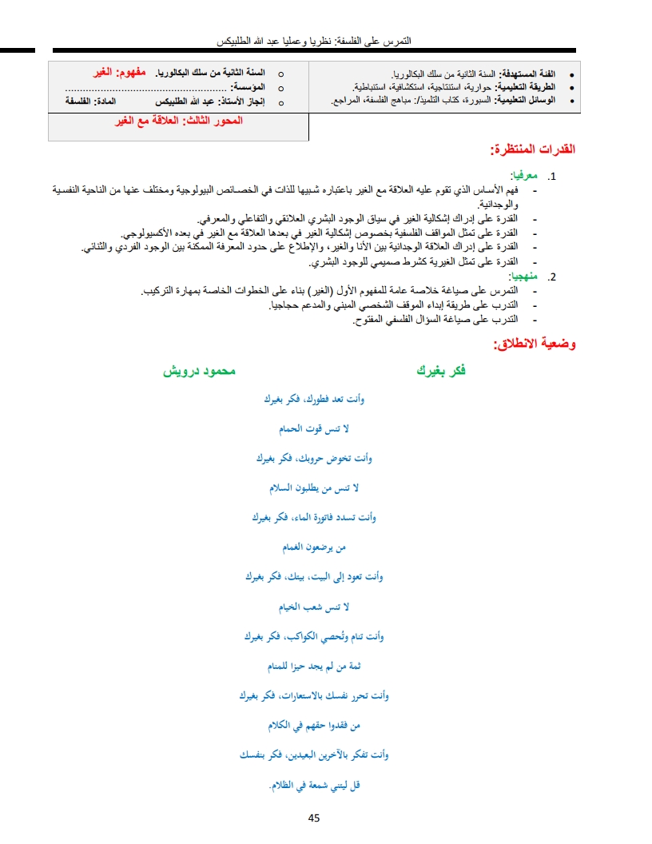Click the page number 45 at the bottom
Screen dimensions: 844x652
click(313, 818)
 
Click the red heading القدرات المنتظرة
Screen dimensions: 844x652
click(532, 149)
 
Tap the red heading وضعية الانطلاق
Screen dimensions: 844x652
click(535, 345)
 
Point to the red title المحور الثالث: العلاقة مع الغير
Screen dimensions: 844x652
click(179, 121)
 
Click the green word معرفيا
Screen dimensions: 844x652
click(523, 176)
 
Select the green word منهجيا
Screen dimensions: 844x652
click(523, 277)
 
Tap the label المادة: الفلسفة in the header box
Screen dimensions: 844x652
click(93, 101)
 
